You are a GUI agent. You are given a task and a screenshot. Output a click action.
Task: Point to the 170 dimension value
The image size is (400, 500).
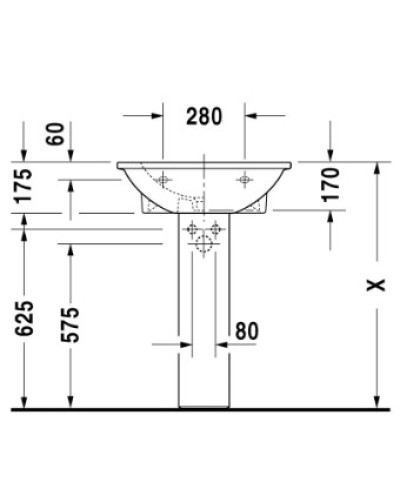(x=332, y=186)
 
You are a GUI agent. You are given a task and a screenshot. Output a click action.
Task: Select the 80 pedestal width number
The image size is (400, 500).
(x=247, y=329)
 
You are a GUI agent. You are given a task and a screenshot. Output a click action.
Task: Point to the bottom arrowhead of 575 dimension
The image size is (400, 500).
(x=70, y=402)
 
